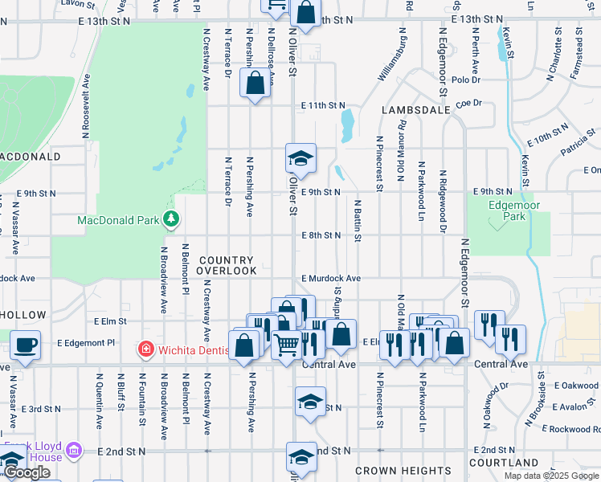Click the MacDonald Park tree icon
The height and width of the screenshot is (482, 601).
[x=170, y=219]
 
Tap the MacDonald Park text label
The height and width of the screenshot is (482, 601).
[x=119, y=219]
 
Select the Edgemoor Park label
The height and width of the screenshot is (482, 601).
[x=507, y=211]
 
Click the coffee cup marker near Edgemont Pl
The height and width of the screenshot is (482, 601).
[x=25, y=345]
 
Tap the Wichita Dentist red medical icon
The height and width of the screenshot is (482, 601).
[x=145, y=349]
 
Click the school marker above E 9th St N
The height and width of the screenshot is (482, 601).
[x=300, y=158]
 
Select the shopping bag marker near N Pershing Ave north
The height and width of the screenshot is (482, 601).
[x=255, y=84]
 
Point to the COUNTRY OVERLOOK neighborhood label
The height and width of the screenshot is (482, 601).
[x=227, y=266]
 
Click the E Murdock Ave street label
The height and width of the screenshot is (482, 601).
[x=331, y=278]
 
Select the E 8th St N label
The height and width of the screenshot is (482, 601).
[x=321, y=235]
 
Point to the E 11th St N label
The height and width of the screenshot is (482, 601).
[x=323, y=105]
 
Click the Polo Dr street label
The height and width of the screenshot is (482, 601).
[x=465, y=80]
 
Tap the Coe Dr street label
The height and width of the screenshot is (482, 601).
[x=468, y=103]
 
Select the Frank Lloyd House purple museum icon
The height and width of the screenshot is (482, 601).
[x=75, y=451]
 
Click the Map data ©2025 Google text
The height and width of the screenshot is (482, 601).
[x=550, y=476]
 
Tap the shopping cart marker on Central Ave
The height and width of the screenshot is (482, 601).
[x=287, y=345]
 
